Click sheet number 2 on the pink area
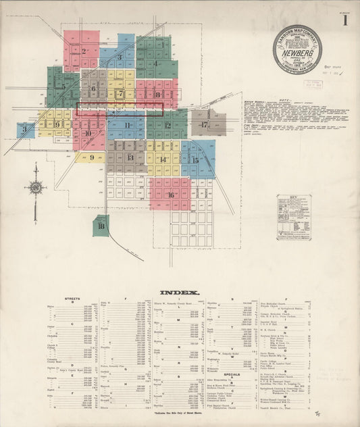(84, 50)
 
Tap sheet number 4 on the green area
(155, 64)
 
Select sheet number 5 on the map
(64, 86)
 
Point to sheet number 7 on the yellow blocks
(121, 94)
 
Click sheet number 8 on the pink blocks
(157, 95)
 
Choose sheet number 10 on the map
(88, 133)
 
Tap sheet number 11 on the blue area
(127, 125)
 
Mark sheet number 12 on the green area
(167, 125)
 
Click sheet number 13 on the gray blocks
(130, 157)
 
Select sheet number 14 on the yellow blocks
(163, 159)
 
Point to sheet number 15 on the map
(195, 160)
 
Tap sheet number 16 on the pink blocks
(170, 195)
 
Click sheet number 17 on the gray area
(203, 124)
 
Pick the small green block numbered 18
(101, 226)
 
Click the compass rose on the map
(36, 187)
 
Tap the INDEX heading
(180, 292)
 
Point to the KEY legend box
(294, 217)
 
